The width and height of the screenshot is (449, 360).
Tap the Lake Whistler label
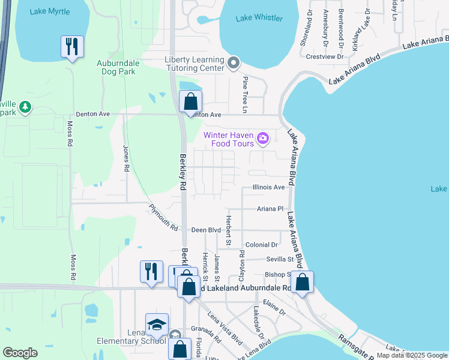(x=259, y=18)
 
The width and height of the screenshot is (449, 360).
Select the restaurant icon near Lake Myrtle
(x=72, y=47)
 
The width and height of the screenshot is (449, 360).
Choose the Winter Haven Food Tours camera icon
(x=262, y=139)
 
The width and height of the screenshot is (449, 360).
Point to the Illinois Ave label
(x=268, y=187)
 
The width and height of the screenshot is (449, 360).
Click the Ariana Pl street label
(x=270, y=209)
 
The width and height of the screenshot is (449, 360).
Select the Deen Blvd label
(x=206, y=230)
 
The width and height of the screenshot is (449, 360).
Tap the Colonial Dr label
(x=262, y=245)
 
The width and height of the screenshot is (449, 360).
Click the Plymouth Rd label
(x=164, y=218)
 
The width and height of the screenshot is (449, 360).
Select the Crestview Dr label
(x=324, y=57)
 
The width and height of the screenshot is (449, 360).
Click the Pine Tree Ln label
(x=245, y=94)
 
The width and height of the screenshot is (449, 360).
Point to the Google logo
(x=20, y=353)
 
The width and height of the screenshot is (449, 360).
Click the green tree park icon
(x=25, y=107)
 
